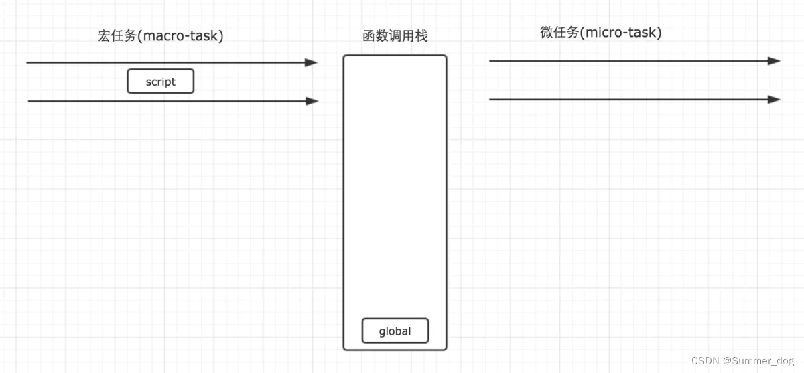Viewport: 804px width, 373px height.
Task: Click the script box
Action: (x=161, y=82)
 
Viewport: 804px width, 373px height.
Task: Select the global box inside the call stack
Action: (x=395, y=331)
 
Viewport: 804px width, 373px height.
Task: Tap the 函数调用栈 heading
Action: (x=395, y=36)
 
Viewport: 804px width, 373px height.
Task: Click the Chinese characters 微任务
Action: (x=559, y=32)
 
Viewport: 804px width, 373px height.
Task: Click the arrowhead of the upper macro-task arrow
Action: (x=312, y=62)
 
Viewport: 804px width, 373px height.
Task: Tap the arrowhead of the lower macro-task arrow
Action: (x=312, y=101)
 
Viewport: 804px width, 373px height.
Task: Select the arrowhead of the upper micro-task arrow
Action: (x=775, y=61)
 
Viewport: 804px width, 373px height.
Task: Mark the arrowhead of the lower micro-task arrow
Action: (x=775, y=100)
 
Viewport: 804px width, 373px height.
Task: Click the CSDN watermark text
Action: (x=706, y=360)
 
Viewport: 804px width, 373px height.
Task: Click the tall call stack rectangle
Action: (x=395, y=201)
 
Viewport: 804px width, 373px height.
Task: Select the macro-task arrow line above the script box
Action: (x=167, y=62)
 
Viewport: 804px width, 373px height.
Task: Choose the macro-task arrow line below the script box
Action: (x=167, y=101)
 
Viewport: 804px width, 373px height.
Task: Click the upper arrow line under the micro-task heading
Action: (x=630, y=61)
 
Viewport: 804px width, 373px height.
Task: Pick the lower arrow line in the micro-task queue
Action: (x=630, y=100)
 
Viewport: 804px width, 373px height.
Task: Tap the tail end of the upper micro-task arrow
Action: (x=491, y=61)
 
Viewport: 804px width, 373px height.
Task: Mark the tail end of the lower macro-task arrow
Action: (x=30, y=101)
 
